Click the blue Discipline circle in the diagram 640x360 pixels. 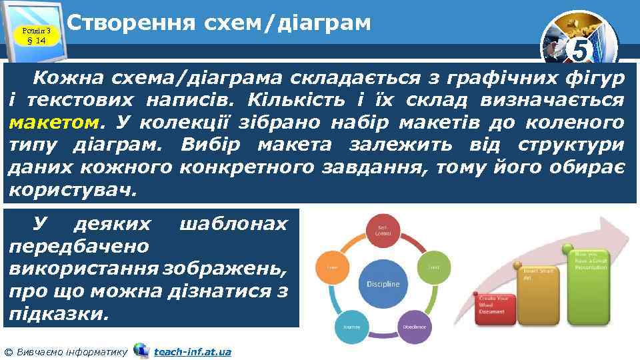[x=383, y=283]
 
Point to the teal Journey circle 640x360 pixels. [x=351, y=327]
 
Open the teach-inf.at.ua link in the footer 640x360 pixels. [x=192, y=351]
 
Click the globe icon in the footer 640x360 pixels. [x=141, y=350]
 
